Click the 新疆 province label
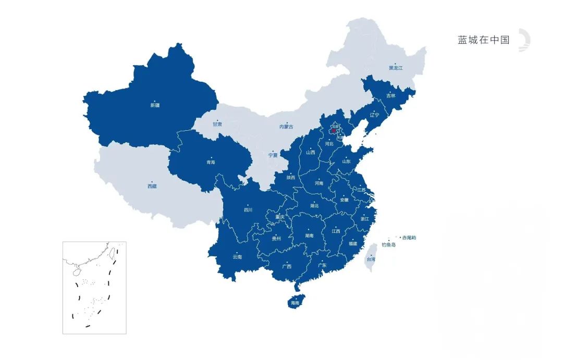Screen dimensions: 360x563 coord(155,105)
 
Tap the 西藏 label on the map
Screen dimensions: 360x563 coord(152,186)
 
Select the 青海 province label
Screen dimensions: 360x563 coord(210,162)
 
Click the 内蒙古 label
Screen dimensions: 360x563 coord(286,127)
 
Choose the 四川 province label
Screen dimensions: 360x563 coord(248,210)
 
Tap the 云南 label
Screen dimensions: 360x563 coord(237,257)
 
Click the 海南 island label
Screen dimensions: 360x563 coord(295,303)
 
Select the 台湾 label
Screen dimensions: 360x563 coord(371,259)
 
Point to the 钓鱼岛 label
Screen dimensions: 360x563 coord(388,244)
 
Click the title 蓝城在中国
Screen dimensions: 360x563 coord(483,40)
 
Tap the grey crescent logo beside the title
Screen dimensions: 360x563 coord(523,41)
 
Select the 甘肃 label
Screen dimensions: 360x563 coord(217,125)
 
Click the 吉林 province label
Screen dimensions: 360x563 coord(390,96)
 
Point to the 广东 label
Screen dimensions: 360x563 coord(322,266)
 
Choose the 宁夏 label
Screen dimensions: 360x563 coord(273,155)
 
